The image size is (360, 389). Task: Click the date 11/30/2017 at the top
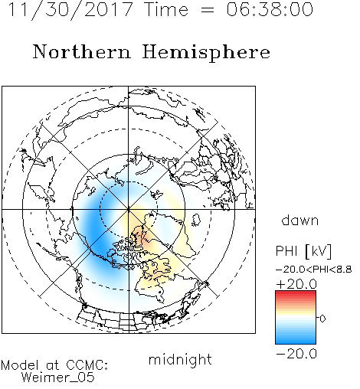[70, 10]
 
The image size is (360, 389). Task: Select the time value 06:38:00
[270, 10]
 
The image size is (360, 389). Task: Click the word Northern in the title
[82, 51]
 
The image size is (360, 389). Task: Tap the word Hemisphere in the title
[206, 52]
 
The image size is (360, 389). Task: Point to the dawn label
[300, 220]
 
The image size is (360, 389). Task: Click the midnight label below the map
[180, 359]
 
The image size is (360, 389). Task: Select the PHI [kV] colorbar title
[303, 251]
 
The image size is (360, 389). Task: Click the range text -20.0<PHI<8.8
[314, 270]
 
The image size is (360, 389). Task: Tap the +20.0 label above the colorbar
[296, 284]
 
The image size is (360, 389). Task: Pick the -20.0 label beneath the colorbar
[296, 354]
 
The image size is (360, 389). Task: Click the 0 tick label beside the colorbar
[322, 319]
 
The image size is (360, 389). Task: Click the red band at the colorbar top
[296, 293]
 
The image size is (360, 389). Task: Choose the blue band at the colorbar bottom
[296, 341]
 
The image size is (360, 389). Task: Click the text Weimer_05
[58, 378]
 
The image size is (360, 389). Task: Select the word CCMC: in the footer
[87, 365]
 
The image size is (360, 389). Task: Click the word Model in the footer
[20, 365]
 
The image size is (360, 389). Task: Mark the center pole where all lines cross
[129, 209]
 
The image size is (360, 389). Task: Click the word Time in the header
[166, 10]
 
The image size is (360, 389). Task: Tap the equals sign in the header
[208, 11]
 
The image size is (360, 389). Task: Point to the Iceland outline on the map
[196, 220]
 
